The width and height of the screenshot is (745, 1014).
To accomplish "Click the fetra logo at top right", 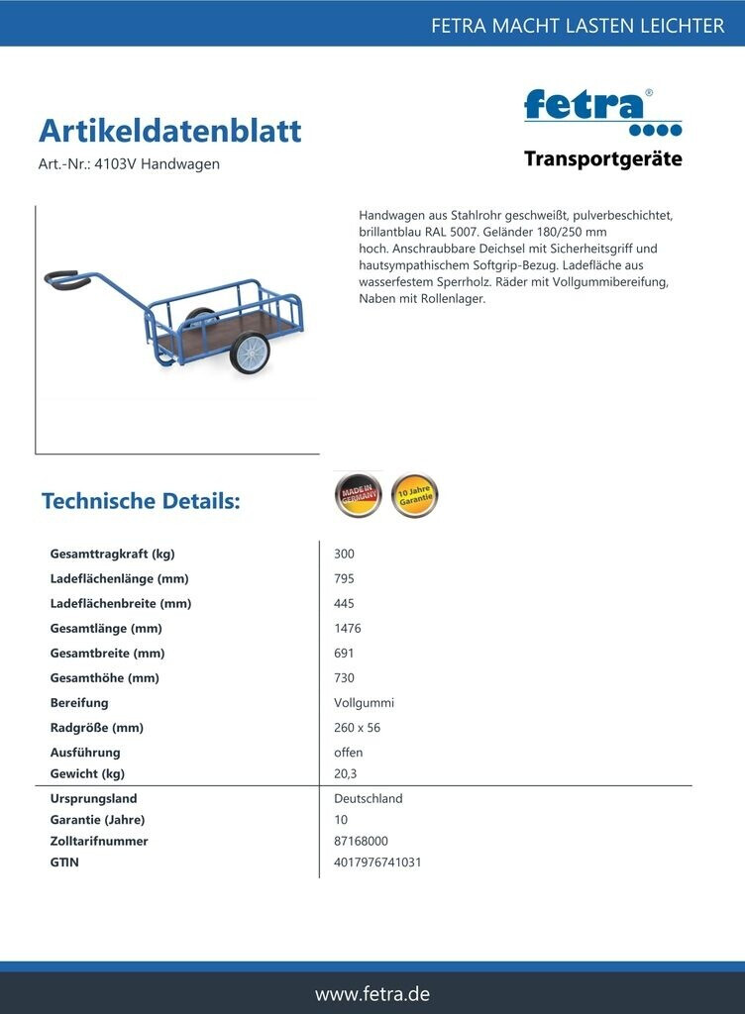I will pos(602,111).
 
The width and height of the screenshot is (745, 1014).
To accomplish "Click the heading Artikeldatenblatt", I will pos(169,131).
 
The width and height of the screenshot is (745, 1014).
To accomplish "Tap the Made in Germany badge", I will pos(358,495).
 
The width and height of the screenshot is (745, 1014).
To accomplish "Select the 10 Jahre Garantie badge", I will pos(414,495).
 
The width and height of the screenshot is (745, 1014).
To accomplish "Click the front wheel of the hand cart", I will pos(250,353).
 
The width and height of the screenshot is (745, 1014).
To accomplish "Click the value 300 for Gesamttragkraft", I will pos(344,555).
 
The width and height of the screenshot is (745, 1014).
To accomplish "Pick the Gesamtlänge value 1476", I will pos(348,629).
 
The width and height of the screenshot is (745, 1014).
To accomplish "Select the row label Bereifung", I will pos(79,703).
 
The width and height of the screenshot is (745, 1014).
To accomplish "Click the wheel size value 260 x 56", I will pos(357,728).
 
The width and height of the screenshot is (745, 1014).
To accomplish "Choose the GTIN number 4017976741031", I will pos(377,862).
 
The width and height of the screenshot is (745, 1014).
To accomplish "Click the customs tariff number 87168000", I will pos(361,841).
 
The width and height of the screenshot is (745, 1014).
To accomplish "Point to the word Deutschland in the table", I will pos(369,798).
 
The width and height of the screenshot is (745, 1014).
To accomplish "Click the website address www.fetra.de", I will pos(372,994).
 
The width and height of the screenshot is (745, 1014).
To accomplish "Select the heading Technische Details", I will pos(141,501).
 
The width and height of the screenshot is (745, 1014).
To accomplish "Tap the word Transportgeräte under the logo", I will pos(602,159).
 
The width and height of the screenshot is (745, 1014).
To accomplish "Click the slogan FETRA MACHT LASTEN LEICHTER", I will pos(577,26).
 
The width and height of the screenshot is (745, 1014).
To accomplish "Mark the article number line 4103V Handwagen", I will pos(129,164).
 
